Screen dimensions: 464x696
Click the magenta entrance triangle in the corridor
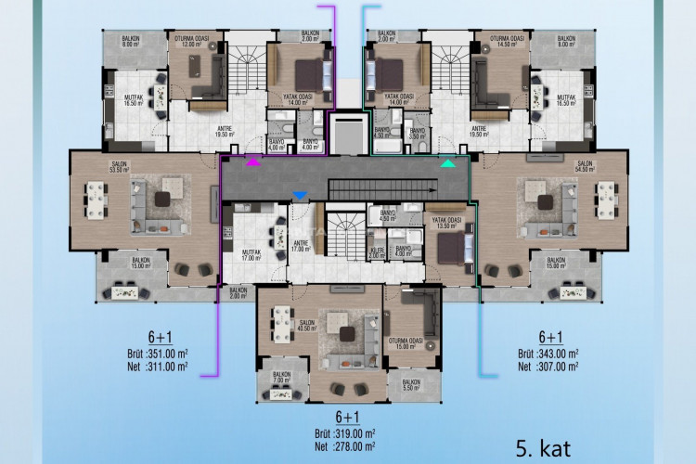tap(252, 163)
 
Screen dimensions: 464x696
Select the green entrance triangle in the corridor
tap(448, 163)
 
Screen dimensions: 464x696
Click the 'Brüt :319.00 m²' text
tap(345, 432)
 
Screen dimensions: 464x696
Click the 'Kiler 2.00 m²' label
tap(376, 252)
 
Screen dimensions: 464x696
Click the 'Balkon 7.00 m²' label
tap(281, 378)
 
